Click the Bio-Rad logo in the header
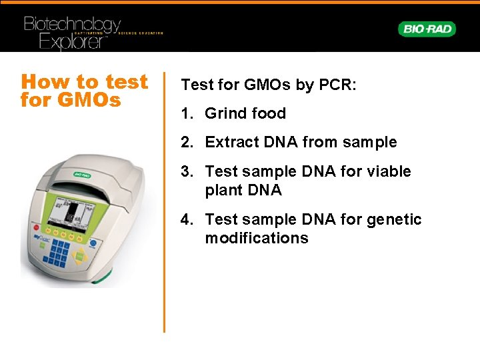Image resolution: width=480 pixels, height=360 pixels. coord(427,29)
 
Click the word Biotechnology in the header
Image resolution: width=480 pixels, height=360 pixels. coord(72,25)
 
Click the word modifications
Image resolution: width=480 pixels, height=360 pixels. coord(257,238)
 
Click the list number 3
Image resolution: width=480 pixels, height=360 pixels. coord(187,171)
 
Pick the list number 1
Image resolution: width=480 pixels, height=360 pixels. coord(187,113)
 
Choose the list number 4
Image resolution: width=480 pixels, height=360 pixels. coord(187,219)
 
